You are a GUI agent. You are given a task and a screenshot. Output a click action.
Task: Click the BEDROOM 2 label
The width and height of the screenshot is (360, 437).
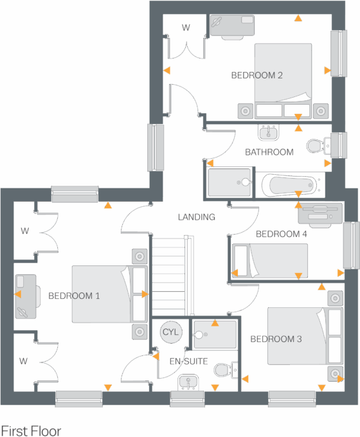tap(257, 75)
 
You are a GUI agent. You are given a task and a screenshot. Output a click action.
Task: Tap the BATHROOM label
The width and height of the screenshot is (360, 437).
tap(269, 152)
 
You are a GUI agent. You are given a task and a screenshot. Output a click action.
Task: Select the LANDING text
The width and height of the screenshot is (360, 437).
tap(196, 217)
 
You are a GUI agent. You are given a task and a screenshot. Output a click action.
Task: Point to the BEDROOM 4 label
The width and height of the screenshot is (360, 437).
tap(282, 234)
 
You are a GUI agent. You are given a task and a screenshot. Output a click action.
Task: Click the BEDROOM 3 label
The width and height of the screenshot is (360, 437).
tap(276, 339)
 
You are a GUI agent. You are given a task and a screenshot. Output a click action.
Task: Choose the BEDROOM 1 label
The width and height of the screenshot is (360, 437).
tap(75, 296)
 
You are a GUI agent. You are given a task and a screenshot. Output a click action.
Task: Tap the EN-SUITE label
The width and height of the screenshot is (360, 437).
tap(188, 362)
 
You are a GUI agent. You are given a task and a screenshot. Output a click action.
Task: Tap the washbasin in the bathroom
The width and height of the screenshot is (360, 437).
tap(268, 133)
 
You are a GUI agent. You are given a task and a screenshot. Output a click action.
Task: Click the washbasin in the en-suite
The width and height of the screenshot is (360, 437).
tap(188, 382)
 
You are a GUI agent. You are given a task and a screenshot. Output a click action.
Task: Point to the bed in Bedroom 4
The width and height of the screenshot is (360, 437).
tap(270, 260)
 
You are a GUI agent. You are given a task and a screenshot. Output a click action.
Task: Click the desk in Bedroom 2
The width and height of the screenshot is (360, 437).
tap(232, 25)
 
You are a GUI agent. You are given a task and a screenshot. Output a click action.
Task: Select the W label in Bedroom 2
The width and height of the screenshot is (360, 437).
tap(186, 28)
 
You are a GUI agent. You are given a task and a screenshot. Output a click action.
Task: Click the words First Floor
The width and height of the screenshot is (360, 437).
tap(31, 430)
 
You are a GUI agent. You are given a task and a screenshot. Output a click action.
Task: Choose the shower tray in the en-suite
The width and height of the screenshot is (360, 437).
tap(215, 334)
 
